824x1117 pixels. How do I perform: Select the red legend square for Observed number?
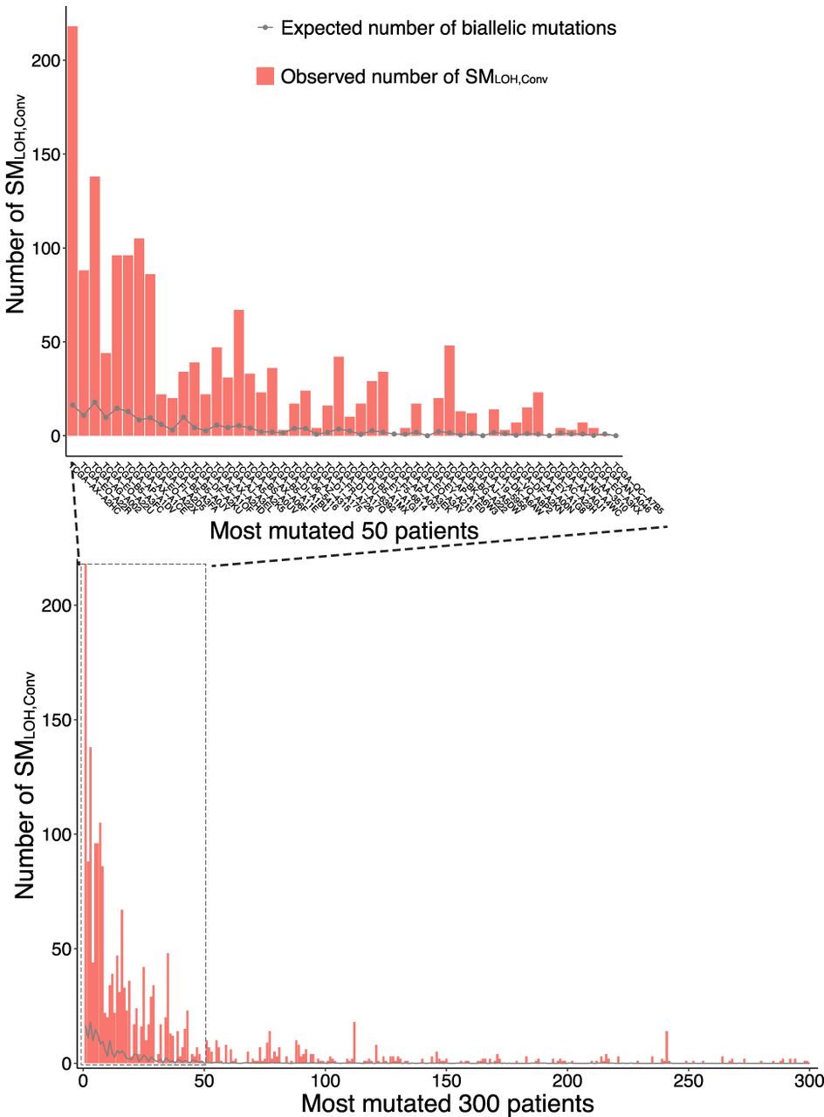tap(265, 77)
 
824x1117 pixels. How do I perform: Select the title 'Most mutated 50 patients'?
tap(344, 530)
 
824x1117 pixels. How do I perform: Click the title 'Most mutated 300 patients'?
tap(448, 1102)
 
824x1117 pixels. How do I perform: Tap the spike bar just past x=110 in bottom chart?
tap(354, 1042)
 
